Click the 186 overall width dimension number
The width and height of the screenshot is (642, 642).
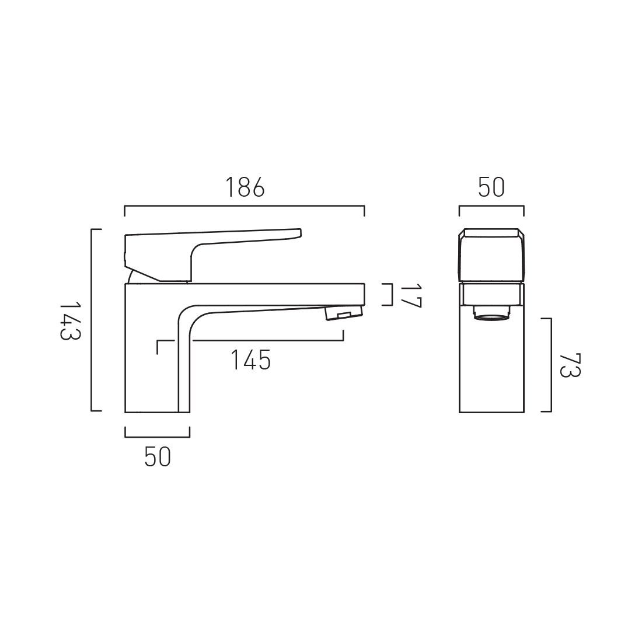point(245,187)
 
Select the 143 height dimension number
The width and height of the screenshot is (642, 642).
point(70,321)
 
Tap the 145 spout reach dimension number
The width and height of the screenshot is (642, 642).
point(250,360)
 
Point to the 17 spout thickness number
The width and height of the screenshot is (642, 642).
point(411,295)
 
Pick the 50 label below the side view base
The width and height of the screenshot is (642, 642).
point(158,456)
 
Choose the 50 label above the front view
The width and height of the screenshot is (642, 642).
point(491,187)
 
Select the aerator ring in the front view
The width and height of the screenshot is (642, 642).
point(491,316)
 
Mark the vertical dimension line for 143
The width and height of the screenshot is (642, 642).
point(92,321)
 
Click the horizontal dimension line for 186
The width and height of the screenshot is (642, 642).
point(245,206)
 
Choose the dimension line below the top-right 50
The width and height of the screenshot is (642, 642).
point(491,206)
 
